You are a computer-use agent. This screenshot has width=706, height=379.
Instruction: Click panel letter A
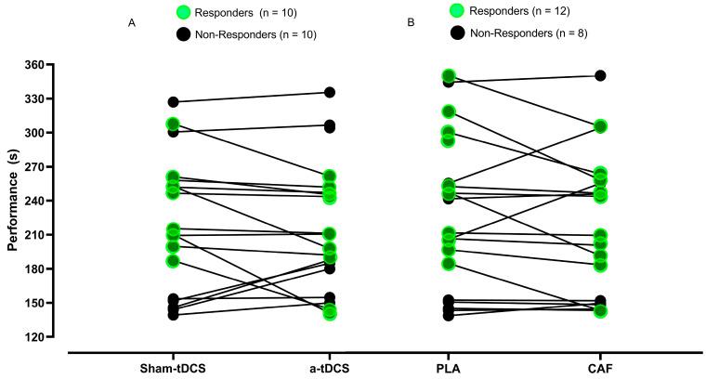132,21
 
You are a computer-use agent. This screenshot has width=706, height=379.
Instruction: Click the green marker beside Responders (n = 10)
182,12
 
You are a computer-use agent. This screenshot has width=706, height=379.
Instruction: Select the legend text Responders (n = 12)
522,11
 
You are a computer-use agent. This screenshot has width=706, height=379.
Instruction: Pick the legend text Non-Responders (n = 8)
526,33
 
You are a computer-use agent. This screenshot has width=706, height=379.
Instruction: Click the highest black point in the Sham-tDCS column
173,101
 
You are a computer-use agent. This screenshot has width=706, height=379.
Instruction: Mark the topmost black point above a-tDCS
329,92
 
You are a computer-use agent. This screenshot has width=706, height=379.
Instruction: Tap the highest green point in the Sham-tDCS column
173,124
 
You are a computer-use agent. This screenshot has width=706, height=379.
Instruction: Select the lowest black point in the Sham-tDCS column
173,315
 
